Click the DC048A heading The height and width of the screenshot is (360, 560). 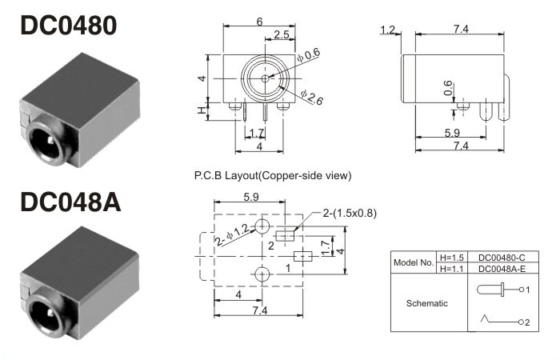point(70,202)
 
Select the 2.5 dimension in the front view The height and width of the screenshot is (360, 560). point(282,34)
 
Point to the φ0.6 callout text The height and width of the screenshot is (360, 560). point(309,55)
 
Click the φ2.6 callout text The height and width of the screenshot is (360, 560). point(313,98)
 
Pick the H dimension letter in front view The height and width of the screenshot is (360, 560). point(202,110)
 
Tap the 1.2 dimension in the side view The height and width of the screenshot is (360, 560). point(389,30)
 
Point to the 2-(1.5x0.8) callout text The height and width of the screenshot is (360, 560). point(349,213)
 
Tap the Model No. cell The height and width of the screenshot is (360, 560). point(413,263)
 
